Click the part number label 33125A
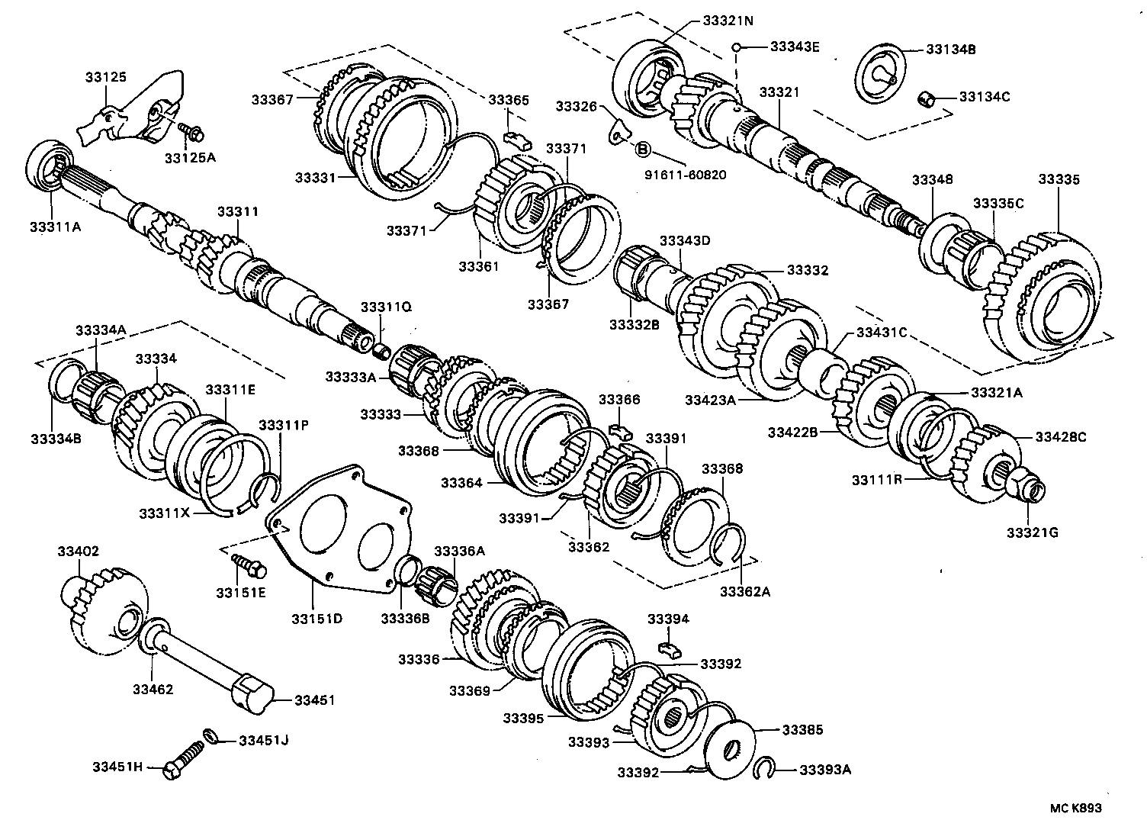(x=190, y=158)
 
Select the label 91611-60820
(x=685, y=175)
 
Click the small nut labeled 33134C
(x=927, y=98)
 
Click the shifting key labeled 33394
(x=668, y=648)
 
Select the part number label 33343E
(x=794, y=47)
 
